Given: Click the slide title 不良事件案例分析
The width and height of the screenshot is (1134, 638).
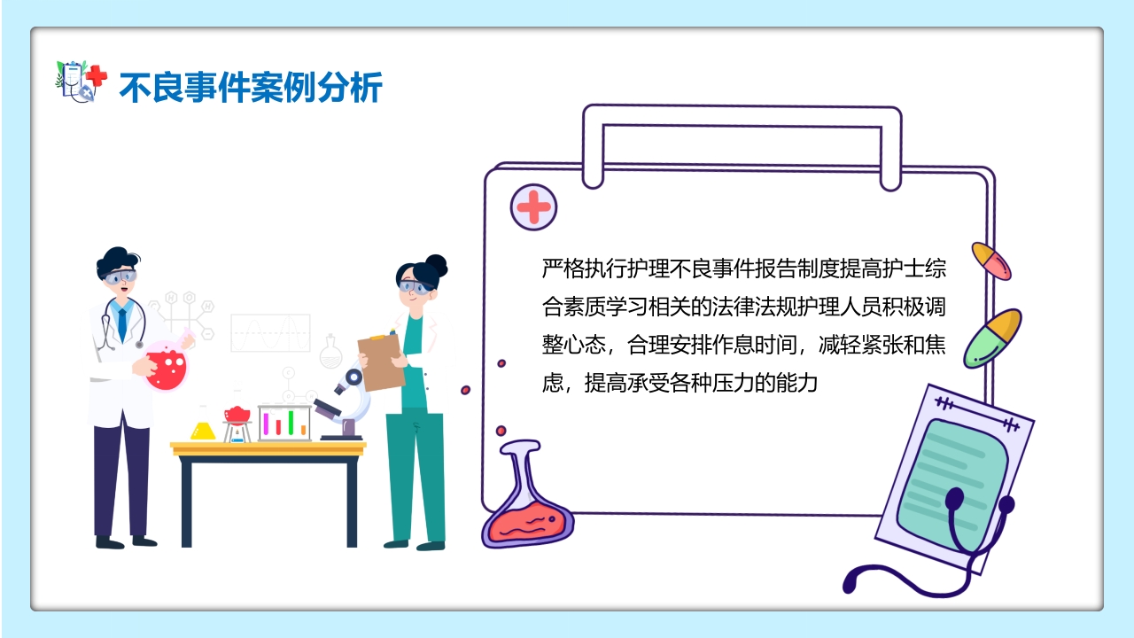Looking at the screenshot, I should [251, 89].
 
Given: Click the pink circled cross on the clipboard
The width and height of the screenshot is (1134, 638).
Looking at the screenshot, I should [533, 208].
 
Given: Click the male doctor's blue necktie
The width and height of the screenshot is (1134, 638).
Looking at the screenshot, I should [121, 324].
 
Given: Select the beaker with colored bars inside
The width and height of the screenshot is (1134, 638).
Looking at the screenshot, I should [284, 423].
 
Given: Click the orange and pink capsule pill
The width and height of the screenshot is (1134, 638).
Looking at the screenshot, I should [991, 261].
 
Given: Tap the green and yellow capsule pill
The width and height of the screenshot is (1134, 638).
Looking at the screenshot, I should [992, 338].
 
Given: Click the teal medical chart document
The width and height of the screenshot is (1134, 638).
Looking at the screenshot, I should [952, 478].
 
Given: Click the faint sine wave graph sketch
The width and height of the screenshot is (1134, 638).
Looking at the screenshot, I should [270, 332].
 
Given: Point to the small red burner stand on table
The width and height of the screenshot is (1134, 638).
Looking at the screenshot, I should [237, 424].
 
